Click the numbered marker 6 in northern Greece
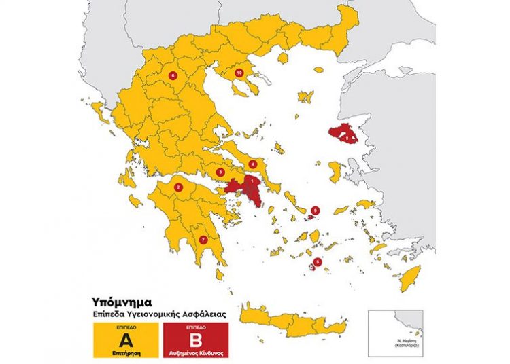pyautogui.click(x=173, y=75)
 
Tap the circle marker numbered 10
pyautogui.click(x=239, y=72)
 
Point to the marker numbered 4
pyautogui.click(x=252, y=164)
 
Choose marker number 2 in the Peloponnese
pyautogui.click(x=178, y=188)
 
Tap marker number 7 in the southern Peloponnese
pyautogui.click(x=203, y=239)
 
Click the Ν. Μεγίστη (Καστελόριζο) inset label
pyautogui.click(x=396, y=343)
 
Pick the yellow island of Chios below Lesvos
pyautogui.click(x=334, y=169)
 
